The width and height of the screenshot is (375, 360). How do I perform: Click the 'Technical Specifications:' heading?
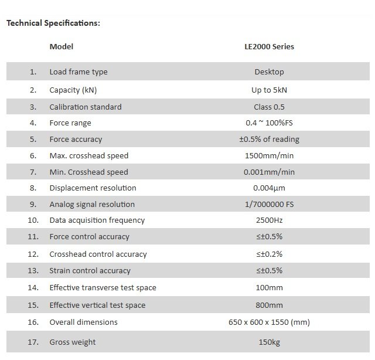click(53, 23)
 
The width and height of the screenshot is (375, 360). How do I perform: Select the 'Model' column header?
click(61, 46)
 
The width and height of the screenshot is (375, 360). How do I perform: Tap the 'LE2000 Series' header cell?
click(269, 46)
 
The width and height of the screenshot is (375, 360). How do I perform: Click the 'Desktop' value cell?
click(269, 72)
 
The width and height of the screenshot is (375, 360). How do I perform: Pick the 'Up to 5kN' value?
click(269, 90)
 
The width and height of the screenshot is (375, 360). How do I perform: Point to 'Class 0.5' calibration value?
click(269, 107)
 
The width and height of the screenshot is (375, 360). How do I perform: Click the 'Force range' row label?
click(70, 123)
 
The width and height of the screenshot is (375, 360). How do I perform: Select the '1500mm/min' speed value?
click(269, 155)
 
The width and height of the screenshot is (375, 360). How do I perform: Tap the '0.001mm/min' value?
click(269, 172)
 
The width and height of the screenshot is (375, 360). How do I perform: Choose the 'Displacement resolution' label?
click(93, 188)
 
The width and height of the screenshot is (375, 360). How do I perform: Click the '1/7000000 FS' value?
click(269, 204)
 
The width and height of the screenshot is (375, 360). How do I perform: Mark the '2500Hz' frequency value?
click(269, 220)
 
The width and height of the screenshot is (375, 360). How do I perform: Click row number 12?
click(33, 254)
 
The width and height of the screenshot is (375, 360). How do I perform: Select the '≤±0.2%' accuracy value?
click(269, 254)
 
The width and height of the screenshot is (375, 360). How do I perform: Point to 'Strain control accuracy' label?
click(90, 270)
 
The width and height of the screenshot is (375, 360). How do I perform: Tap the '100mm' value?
click(269, 288)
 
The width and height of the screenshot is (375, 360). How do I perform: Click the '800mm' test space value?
click(269, 305)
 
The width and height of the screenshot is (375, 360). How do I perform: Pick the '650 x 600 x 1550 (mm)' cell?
click(269, 322)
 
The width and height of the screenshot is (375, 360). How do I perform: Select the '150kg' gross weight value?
click(269, 342)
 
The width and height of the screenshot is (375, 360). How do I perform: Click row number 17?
click(33, 342)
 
